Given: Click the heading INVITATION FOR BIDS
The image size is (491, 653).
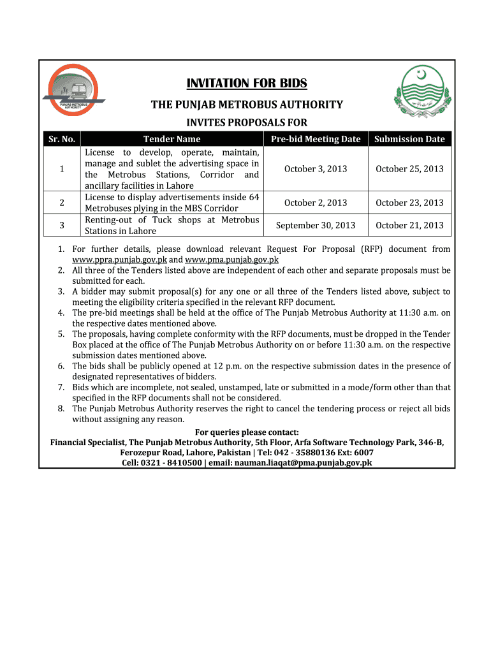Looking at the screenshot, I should click(246, 84).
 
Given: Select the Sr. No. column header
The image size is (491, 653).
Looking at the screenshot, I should click(61, 139).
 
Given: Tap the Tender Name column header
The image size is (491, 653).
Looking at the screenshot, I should click(172, 139).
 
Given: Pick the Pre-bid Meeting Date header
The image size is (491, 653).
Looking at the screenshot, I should click(316, 139).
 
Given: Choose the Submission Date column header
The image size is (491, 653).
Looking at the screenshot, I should click(409, 139).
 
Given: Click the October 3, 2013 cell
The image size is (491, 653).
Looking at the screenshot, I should click(316, 169).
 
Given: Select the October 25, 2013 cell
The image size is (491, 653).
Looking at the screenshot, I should click(409, 169).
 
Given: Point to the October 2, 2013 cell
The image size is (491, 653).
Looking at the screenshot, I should click(316, 203).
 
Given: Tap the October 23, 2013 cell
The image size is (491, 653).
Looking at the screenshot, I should click(409, 203).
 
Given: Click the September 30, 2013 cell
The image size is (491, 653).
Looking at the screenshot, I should click(316, 225).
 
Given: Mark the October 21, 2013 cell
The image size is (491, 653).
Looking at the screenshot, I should click(409, 225).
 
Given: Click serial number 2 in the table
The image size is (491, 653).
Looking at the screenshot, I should click(61, 203).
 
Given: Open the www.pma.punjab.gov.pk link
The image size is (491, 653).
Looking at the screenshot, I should click(231, 260).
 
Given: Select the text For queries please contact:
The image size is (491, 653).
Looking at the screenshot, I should click(247, 432).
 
